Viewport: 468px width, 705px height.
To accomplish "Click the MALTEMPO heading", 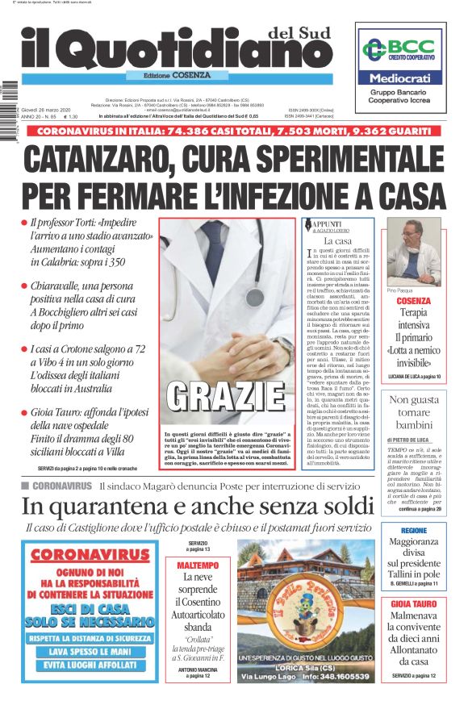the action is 198,565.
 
